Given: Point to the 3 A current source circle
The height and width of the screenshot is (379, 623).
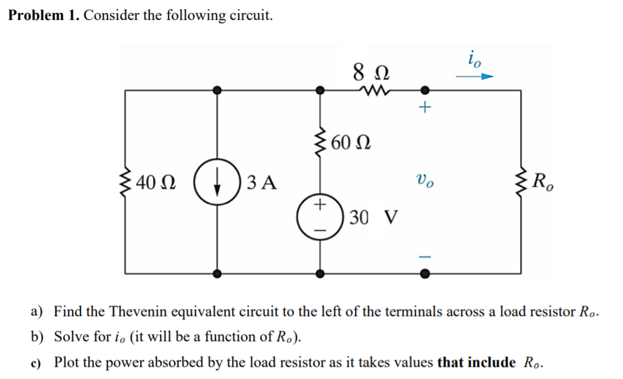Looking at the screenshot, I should tap(219, 182).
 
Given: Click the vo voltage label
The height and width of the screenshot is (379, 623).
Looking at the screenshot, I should tap(424, 181).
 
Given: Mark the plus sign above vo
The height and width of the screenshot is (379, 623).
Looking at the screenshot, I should tap(424, 108).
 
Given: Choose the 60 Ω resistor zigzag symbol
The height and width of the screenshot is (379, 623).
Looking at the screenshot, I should tap(320, 142).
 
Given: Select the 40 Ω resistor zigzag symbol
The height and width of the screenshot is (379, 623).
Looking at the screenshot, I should tap(126, 182).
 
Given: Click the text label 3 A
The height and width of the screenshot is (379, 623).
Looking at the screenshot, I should tap(262, 182).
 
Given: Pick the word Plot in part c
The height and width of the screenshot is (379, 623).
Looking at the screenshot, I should tap(67, 362).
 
